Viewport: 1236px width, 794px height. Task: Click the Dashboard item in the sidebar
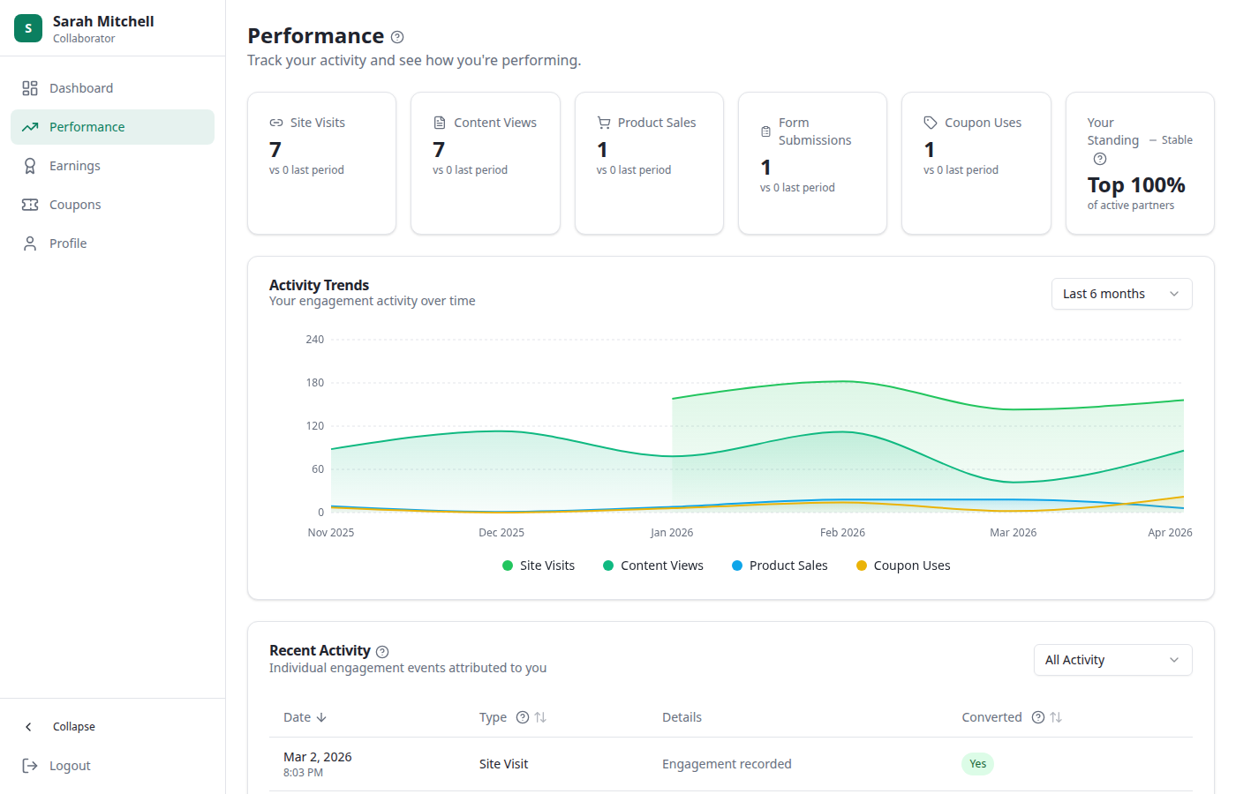coord(80,88)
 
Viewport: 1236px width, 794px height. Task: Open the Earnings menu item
coord(74,166)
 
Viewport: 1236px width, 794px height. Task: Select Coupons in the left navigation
coord(75,205)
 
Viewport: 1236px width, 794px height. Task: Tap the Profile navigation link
coord(67,243)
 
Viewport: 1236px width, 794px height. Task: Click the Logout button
coord(69,766)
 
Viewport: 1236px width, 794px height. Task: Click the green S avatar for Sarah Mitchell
coord(28,28)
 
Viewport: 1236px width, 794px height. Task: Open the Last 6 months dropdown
coord(1121,294)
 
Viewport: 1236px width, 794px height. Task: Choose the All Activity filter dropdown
coord(1112,660)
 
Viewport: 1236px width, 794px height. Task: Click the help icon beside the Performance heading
coord(397,37)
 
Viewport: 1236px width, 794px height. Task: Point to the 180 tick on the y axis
coord(315,383)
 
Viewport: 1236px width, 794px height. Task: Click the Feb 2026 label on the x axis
coord(842,533)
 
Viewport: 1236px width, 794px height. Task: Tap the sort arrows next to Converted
coord(1056,717)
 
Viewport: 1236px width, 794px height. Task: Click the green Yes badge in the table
coord(977,764)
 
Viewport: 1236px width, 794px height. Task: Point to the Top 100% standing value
coord(1135,185)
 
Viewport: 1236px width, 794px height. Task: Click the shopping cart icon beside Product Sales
coord(604,123)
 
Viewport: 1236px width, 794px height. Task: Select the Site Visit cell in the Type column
coord(503,764)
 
